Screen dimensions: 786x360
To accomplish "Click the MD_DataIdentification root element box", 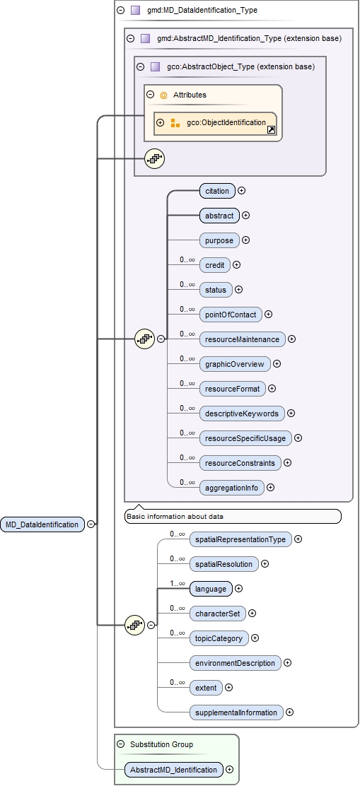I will coord(42,524).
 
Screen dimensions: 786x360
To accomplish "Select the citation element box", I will coord(217,190).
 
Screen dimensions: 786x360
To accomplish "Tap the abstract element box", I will coord(219,215).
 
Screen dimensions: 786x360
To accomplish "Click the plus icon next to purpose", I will coord(246,240).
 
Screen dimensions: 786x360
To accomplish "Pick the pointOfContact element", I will coord(231,314).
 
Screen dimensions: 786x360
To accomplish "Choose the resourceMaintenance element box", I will coord(242,339).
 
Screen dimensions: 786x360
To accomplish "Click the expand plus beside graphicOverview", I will coord(277,364).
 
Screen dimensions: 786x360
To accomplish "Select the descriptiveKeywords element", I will coord(241,413).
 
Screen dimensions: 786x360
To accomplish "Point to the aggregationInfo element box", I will coord(231,487).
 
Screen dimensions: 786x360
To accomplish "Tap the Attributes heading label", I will coord(190,95).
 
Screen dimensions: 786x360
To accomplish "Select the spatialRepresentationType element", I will coord(240,539).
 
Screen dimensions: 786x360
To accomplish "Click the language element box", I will coord(211,588).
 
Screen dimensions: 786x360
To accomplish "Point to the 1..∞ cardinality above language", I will coord(177,583).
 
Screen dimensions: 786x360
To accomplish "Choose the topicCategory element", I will coord(219,638).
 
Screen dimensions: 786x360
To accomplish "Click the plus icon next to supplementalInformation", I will coord(290,712).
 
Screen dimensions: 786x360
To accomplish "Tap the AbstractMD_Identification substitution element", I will coord(173,769).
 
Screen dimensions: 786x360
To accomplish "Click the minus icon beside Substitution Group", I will coord(121,744).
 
